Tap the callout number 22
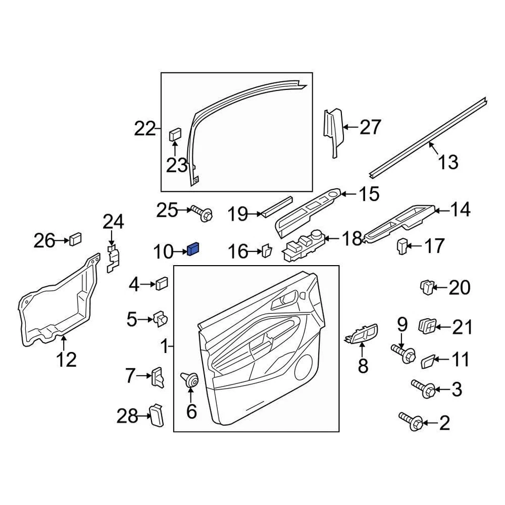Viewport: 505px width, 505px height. point(145,128)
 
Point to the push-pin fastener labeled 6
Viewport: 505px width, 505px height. point(190,379)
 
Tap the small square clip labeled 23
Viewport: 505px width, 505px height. point(175,134)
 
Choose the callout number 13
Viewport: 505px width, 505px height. point(448,162)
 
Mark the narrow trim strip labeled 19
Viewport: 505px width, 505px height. point(277,206)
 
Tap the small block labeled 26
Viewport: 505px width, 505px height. point(75,240)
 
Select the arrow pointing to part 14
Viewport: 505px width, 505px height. point(441,211)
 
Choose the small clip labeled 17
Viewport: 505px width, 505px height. point(402,245)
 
